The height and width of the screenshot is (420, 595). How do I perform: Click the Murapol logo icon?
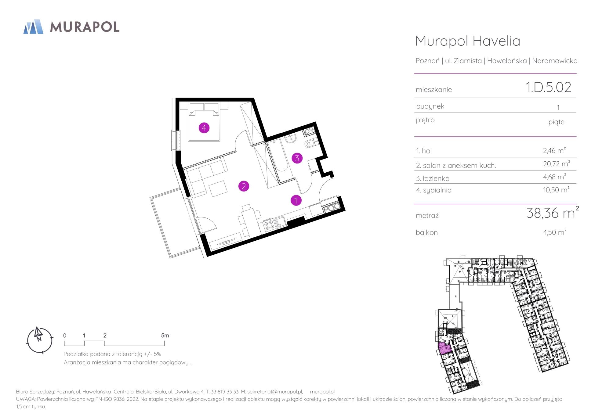coord(34,27)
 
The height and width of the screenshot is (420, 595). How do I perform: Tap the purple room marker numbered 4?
coord(204,128)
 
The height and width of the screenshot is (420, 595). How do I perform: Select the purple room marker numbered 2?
coord(244,186)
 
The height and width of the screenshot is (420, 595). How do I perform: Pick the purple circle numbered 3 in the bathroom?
coord(297,158)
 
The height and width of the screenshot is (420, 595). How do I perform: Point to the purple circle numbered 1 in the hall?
coord(296,200)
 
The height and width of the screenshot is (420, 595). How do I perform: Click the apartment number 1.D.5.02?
coord(548,87)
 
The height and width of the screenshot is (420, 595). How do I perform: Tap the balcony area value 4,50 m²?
coord(555,232)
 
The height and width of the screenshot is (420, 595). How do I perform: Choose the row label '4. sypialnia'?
coord(434,190)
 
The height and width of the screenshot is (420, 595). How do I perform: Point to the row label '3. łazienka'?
coord(433,178)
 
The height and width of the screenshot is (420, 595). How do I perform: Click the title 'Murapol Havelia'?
coord(468,41)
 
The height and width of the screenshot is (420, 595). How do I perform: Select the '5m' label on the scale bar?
coord(165,336)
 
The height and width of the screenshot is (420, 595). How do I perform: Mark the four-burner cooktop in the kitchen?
coord(269,225)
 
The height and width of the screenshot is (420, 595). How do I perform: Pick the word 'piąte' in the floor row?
coord(556,122)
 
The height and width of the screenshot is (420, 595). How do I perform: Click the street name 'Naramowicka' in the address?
coord(555,61)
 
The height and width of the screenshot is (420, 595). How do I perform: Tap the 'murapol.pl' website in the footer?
coord(322,392)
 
